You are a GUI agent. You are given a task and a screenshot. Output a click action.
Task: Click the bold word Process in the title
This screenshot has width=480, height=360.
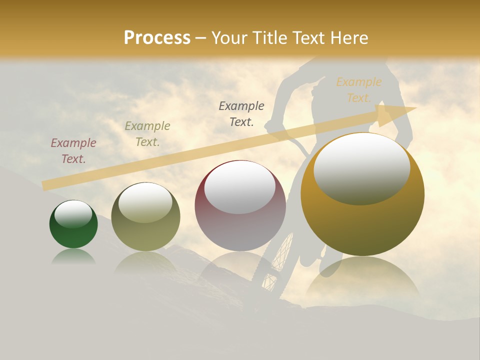pos(157,38)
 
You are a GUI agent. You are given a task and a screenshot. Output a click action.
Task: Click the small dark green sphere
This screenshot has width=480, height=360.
pos(73,224)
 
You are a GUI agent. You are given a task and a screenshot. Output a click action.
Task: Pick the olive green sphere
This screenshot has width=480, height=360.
pos(145,216)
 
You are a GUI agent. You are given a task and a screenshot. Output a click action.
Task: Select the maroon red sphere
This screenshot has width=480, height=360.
pos(240,205)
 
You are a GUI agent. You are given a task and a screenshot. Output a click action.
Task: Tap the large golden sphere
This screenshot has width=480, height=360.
pos(362,194)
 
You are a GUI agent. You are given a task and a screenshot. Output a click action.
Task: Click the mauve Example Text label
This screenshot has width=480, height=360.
pos(73,151)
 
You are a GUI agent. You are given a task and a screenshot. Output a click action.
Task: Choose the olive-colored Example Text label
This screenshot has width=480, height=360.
pos(147,134)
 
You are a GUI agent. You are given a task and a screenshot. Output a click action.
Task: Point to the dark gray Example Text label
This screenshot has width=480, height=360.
pos(241,113)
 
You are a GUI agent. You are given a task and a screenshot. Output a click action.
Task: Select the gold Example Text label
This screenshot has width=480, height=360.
pos(358,90)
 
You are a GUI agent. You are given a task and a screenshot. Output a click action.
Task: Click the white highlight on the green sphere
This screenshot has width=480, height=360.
pos(73,214)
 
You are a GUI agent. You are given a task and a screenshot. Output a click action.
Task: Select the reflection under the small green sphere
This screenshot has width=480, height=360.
pos(73,257)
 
